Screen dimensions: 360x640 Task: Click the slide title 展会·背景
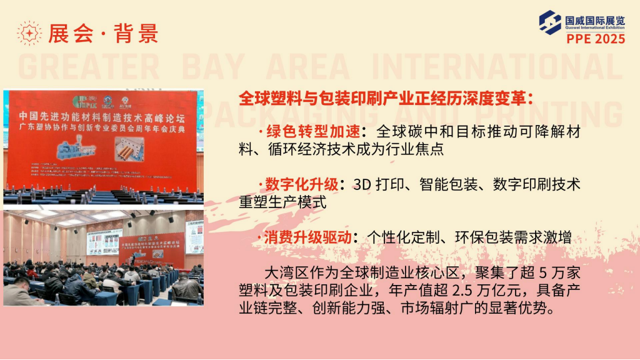104,33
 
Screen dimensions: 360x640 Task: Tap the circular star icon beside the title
29,33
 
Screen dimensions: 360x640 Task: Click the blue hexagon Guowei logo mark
551,22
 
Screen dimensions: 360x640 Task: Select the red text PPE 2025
596,39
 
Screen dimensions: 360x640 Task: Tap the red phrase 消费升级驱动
306,238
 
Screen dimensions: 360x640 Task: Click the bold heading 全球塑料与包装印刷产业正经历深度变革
385,98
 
